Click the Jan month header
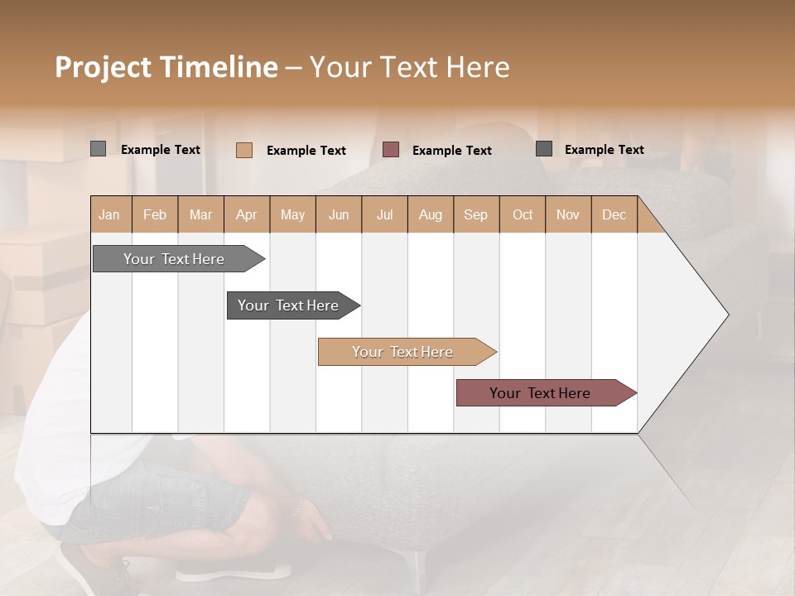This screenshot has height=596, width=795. [109, 214]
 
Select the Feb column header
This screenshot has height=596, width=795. [155, 214]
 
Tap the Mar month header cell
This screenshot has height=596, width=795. [200, 214]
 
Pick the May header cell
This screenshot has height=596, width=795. [292, 214]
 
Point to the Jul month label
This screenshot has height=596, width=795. [384, 214]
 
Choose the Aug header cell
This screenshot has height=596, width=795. [431, 214]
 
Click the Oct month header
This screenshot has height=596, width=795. [523, 214]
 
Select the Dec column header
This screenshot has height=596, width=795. [614, 214]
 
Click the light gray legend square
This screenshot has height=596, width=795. [98, 149]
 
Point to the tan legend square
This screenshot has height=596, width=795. [243, 150]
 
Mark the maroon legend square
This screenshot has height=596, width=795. [391, 149]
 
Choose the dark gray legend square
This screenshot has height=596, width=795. [544, 148]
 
